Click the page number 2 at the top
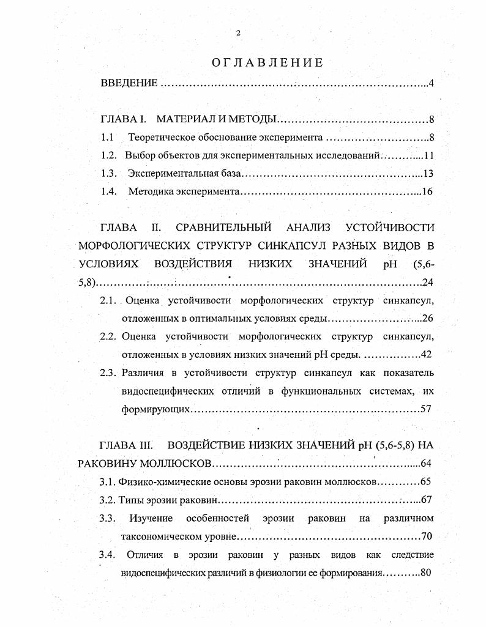coord(238,33)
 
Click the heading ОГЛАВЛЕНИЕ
coord(267,62)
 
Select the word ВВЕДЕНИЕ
coord(129,83)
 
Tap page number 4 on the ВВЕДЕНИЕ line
coord(432,83)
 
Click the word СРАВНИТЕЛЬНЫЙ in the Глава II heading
coord(223,228)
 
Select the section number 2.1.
coord(108,300)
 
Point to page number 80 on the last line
coord(427,573)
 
